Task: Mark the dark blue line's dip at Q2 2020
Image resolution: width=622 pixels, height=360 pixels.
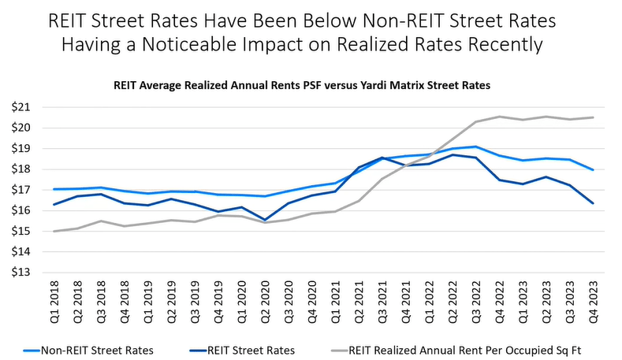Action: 266,220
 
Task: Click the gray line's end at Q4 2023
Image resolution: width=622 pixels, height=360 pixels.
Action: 593,117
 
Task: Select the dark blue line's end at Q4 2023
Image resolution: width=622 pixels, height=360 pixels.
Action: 593,203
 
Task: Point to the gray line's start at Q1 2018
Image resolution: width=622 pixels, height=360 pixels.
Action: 54,232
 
